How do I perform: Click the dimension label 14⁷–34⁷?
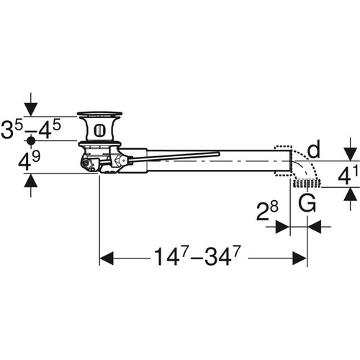tap(197, 256)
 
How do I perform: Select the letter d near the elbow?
tap(314, 148)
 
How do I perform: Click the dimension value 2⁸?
tap(267, 211)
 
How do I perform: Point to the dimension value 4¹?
tap(348, 176)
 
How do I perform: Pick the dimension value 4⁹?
tap(30, 161)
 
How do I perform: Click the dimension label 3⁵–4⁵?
tap(31, 130)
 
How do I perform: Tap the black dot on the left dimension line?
tap(31, 141)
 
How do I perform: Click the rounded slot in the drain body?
tap(99, 130)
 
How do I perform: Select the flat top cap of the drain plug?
tap(99, 114)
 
